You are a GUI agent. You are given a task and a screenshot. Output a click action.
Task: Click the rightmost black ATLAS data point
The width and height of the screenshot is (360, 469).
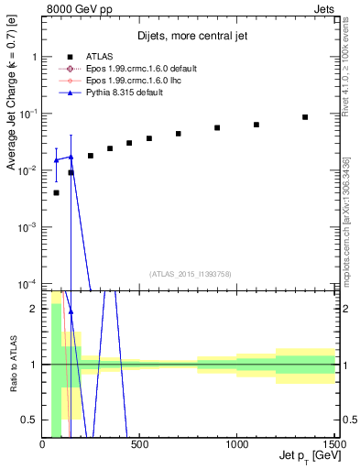(305, 117)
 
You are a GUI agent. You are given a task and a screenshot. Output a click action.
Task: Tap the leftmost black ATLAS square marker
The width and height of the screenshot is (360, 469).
(56, 192)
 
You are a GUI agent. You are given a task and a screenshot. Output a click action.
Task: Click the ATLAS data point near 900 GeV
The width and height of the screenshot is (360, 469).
(217, 127)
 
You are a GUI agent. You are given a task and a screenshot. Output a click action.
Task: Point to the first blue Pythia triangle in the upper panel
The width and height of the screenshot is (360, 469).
(56, 160)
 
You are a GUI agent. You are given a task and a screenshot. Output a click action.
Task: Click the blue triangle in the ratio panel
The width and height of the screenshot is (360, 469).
(71, 311)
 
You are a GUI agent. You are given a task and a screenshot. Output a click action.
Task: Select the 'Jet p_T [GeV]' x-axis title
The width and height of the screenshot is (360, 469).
(307, 455)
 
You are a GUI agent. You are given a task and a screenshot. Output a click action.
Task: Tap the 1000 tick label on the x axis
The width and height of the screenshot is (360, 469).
(237, 443)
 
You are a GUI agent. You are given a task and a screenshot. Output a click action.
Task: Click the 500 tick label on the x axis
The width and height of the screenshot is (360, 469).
(139, 443)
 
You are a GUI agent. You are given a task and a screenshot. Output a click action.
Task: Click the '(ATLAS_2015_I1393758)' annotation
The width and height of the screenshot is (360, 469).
(190, 273)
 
